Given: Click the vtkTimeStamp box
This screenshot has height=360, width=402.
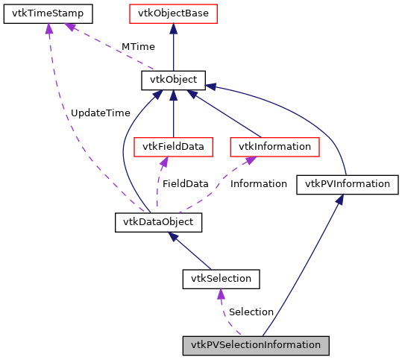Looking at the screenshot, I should click(48, 13).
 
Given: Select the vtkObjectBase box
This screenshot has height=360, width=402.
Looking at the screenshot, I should click(173, 13).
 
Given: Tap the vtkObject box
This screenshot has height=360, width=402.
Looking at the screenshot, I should click(173, 80).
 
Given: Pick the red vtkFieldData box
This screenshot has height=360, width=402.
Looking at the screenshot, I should click(173, 146).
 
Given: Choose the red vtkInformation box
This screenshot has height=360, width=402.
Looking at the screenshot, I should click(274, 146).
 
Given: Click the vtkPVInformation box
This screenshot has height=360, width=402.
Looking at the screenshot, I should click(347, 184).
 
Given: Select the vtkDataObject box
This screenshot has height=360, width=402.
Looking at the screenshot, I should click(159, 222).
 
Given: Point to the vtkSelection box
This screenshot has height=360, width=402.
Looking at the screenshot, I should click(221, 279).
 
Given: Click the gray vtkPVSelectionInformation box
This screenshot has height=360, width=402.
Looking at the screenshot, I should click(256, 345).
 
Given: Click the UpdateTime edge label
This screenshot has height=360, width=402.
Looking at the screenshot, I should click(100, 113).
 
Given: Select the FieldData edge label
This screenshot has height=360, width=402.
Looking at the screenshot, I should click(186, 183).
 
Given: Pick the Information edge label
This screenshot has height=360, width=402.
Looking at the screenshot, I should click(258, 183).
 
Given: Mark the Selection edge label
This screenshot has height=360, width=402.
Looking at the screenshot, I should click(251, 312).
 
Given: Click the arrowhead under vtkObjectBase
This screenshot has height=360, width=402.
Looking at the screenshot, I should click(173, 28).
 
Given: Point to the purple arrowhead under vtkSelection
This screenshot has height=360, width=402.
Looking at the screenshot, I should click(221, 294).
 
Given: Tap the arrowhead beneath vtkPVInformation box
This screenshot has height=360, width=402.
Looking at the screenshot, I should click(339, 200).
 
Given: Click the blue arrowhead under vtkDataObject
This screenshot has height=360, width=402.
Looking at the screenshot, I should click(172, 236).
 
